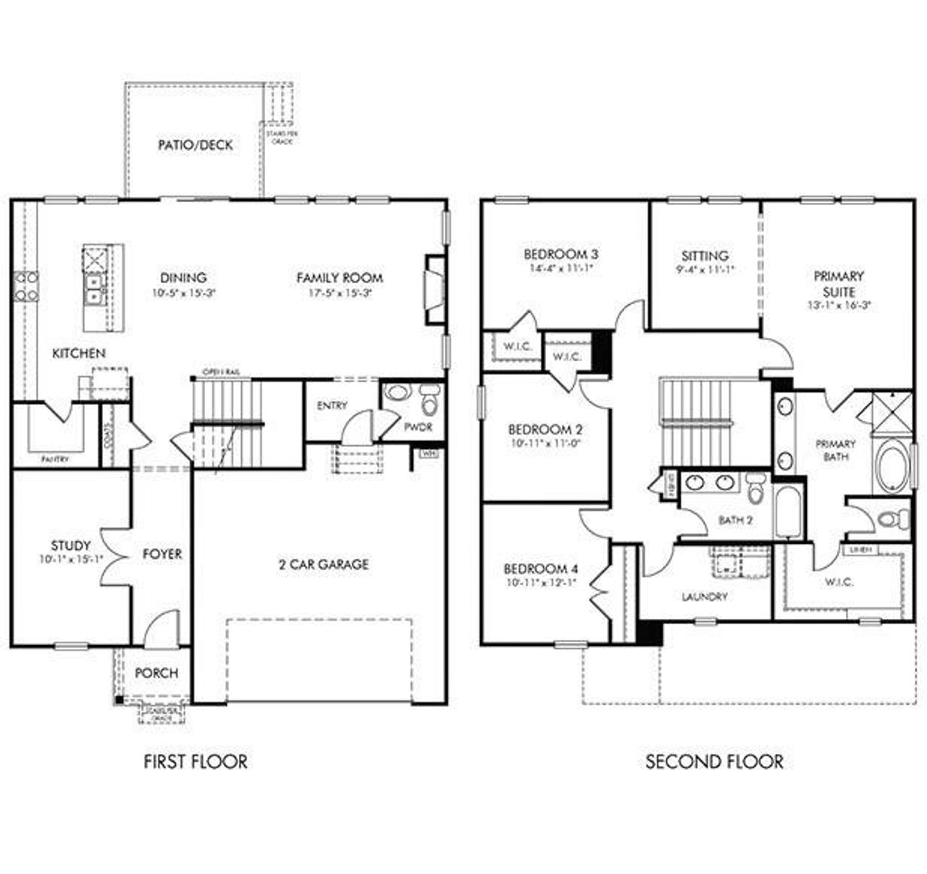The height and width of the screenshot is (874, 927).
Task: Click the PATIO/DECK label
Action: pos(196,145)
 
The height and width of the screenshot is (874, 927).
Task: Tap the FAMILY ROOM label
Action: pos(340,277)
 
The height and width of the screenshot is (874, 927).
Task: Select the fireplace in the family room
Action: pos(435,289)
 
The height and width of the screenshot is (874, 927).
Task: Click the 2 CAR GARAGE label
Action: pos(324,564)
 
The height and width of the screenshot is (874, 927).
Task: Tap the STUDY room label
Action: pos(70,545)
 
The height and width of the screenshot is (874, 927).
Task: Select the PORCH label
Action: pos(156,673)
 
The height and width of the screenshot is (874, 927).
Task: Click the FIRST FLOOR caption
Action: pos(196,762)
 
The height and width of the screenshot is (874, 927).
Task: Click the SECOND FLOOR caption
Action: pos(714,762)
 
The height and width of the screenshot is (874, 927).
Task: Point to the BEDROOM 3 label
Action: pos(561,254)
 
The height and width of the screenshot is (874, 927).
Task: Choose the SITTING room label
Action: pos(705,256)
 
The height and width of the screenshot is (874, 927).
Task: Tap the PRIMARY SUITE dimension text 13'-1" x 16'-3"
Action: pos(839,305)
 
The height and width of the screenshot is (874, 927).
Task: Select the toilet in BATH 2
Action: pos(755,489)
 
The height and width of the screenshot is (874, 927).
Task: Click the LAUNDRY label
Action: pos(704,597)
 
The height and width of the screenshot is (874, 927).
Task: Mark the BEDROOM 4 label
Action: pos(540,568)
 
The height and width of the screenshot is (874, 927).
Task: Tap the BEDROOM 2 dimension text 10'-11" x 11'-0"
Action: pos(545,442)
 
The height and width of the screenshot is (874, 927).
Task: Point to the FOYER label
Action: pos(162,554)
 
